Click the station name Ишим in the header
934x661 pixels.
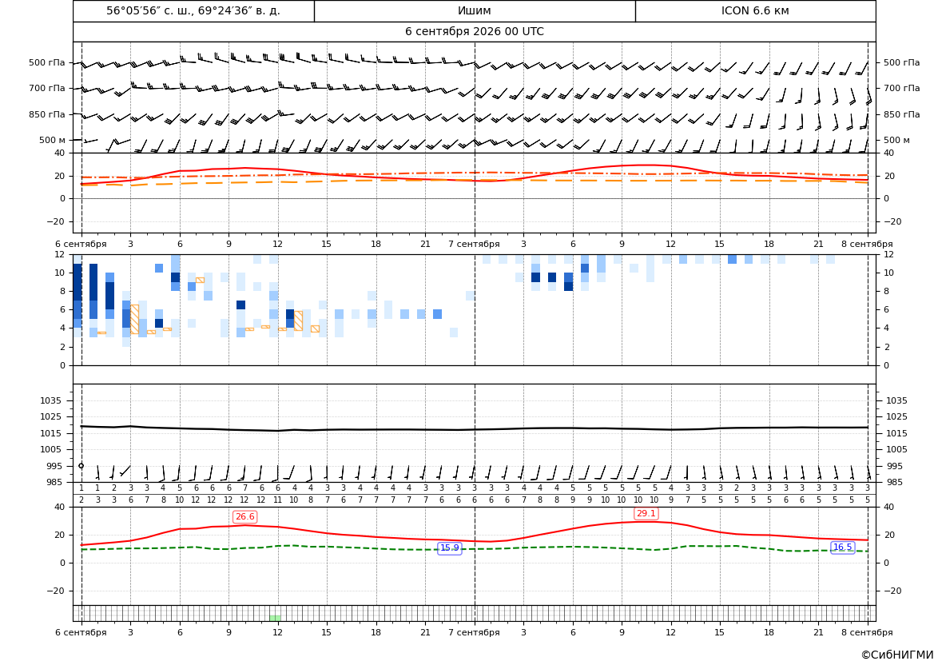tap(474, 10)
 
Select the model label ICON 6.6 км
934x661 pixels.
tap(755, 10)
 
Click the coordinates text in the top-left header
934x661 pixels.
tap(193, 10)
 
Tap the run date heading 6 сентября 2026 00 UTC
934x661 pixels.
tap(474, 32)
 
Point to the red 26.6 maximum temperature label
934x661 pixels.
tap(244, 517)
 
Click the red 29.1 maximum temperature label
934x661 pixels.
tap(646, 513)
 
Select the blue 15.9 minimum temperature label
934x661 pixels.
tap(450, 548)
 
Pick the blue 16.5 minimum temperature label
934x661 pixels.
tap(842, 548)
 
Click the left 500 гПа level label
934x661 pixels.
tap(47, 62)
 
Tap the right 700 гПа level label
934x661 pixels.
tap(902, 88)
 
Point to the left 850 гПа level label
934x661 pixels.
tap(47, 114)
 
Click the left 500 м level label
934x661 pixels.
tap(53, 140)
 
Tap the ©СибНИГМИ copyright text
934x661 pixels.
tap(897, 655)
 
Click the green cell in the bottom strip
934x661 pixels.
tap(275, 618)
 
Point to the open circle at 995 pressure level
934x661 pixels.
tap(81, 466)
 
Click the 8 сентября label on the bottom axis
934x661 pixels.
tap(867, 632)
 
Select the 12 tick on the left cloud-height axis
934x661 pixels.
tap(61, 254)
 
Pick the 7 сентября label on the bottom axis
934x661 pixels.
tap(474, 632)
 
